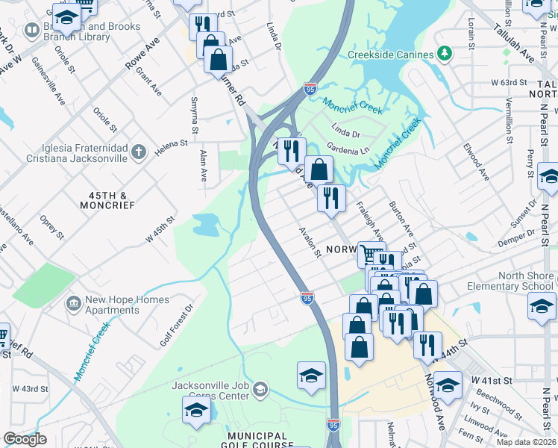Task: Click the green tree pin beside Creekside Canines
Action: tap(445, 54)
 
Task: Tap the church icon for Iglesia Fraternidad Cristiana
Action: tap(138, 153)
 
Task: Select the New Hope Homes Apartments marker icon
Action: tap(73, 303)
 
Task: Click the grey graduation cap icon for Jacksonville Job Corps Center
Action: tap(260, 389)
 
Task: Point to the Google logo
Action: tap(25, 439)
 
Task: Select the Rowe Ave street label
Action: tap(142, 56)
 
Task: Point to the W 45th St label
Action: tap(160, 229)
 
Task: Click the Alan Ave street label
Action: tap(203, 166)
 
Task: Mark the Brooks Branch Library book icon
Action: tap(31, 31)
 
